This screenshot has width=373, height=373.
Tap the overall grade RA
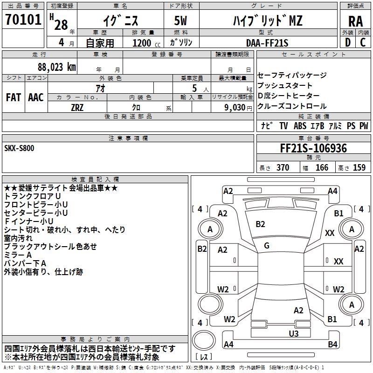coord(355,21)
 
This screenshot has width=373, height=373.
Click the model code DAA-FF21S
coord(267,43)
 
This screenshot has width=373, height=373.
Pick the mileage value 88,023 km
coord(54,67)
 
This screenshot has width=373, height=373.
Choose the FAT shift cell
coord(13,97)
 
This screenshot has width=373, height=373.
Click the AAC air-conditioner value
coord(35,97)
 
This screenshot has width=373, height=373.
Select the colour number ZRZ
coord(77,107)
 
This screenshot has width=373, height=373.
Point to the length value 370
coord(283,167)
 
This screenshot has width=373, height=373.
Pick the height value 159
coord(359,167)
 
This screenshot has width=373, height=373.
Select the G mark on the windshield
coord(267,246)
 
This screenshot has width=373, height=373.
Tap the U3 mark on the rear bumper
coord(293,333)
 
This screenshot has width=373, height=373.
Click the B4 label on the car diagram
coord(332,345)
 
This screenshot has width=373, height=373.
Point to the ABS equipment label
coord(301,126)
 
